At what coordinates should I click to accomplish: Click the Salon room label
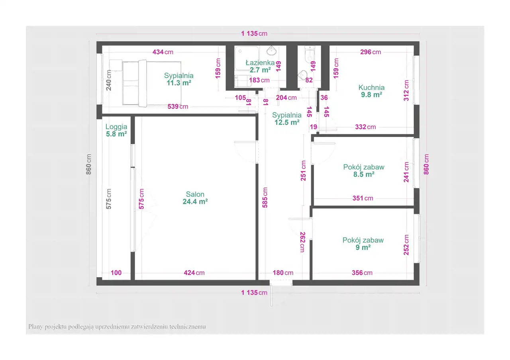coord(195,194)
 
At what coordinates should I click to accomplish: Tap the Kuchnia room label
coord(371,87)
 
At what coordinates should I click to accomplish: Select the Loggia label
coord(116,127)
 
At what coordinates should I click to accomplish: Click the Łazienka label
coord(260,63)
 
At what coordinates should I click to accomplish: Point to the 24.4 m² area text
coord(195,202)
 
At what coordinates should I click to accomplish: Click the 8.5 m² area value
coord(364,174)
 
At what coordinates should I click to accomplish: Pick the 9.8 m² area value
coord(371,95)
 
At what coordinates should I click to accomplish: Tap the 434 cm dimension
coord(163,52)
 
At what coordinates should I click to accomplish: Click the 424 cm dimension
coord(194,273)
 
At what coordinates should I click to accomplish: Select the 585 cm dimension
coord(265,198)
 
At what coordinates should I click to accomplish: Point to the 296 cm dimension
coord(371,52)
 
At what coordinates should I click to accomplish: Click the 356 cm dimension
coord(362,273)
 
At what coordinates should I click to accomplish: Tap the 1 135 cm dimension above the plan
coord(254,34)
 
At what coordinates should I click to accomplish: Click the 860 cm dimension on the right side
coord(426,164)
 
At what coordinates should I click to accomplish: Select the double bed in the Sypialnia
coord(152,83)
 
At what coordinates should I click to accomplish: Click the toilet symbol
coord(310,54)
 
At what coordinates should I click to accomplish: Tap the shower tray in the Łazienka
coord(247,58)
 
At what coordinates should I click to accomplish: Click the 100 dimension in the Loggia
coord(116,273)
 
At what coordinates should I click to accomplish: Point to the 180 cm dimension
coord(283,273)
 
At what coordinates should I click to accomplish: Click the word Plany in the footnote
coord(35,327)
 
